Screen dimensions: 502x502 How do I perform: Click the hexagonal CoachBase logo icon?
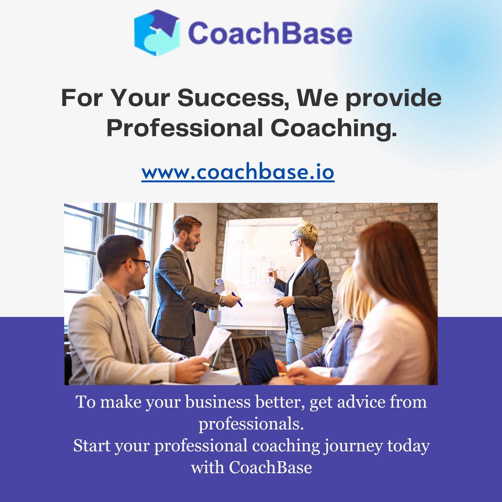click(x=157, y=33)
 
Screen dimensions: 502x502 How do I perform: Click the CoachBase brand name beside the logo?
click(x=270, y=33)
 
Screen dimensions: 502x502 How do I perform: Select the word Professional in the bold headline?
click(x=185, y=128)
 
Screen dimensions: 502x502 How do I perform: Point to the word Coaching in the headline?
click(x=334, y=128)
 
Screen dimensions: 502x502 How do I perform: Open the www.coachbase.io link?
click(x=238, y=172)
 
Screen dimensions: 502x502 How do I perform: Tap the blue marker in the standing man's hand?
click(x=237, y=299)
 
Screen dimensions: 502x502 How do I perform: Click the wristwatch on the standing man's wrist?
click(x=223, y=301)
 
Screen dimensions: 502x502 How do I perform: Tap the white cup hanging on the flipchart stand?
click(x=215, y=315)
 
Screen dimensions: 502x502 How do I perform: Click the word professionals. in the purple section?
click(x=251, y=424)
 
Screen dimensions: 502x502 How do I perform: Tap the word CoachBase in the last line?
click(x=270, y=467)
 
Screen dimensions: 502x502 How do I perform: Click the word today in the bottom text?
click(x=408, y=446)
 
